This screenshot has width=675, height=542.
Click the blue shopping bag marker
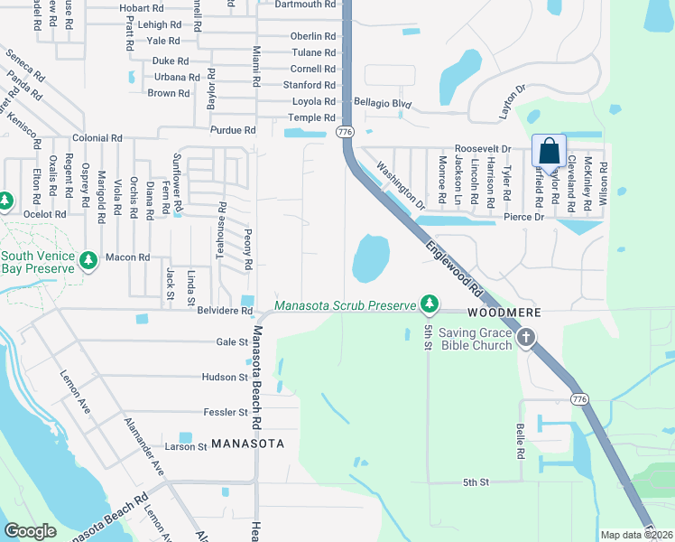pos(549,151)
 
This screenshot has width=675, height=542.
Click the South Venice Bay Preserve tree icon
pos(88,260)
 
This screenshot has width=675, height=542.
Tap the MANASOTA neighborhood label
pos(247,444)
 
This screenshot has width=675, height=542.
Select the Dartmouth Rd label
pos(306,5)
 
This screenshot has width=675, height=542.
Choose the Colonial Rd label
pos(97,138)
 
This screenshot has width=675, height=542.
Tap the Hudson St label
pos(225,378)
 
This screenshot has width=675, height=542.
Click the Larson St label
pos(187,446)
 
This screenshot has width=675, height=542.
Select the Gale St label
pos(232,342)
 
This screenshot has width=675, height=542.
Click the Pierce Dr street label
pos(523,218)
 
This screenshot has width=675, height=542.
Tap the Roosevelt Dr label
pos(483,148)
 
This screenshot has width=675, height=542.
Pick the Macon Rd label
pos(127,257)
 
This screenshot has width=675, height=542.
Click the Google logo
pos(30,531)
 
